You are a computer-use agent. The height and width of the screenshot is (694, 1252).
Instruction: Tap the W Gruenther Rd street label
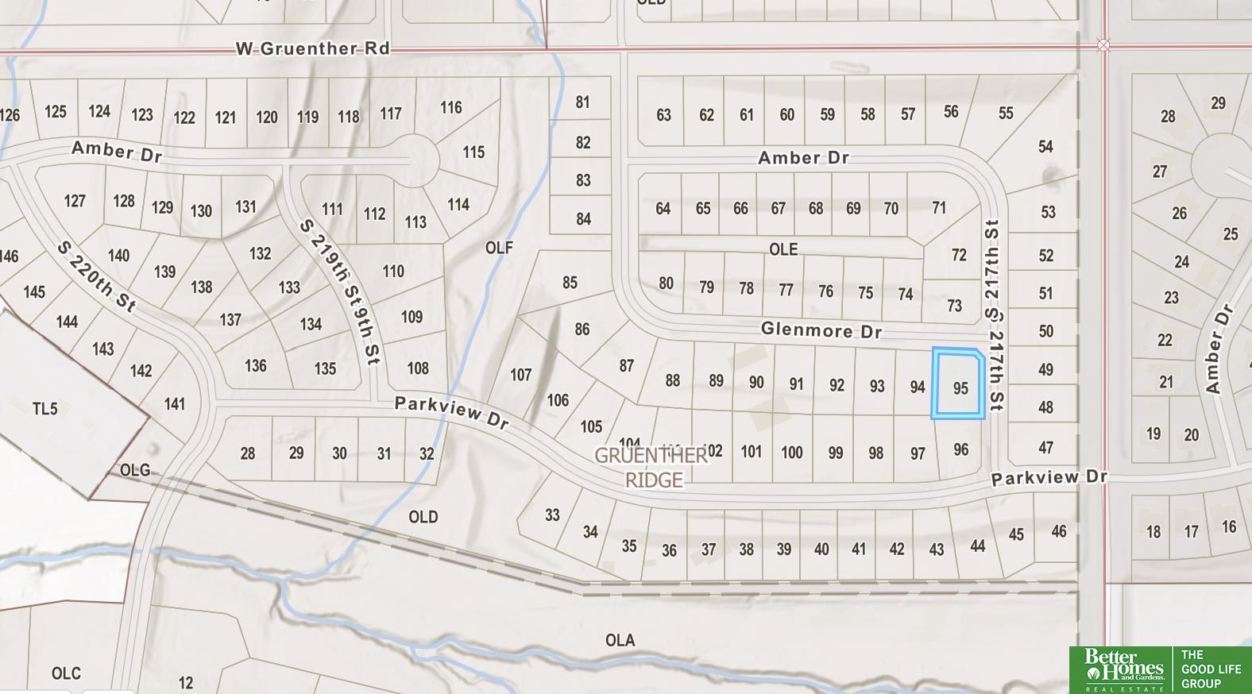click(313, 48)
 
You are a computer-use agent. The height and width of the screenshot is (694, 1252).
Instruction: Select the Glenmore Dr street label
click(821, 330)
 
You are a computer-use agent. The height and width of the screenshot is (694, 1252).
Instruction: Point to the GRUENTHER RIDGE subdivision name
click(651, 468)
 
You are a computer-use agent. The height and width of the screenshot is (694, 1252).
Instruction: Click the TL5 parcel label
click(44, 409)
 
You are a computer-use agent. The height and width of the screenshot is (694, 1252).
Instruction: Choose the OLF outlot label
click(499, 248)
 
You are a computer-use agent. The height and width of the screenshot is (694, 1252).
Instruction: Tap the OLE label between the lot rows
click(782, 249)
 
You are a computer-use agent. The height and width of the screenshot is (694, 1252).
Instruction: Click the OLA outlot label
click(620, 640)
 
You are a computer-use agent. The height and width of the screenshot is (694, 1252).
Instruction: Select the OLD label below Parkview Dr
click(423, 517)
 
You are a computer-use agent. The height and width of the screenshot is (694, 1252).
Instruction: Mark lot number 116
click(450, 107)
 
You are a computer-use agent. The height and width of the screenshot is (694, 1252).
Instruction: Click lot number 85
click(569, 283)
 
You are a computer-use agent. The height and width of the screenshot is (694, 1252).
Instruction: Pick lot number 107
click(520, 374)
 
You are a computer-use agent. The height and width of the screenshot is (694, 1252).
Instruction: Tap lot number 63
click(663, 115)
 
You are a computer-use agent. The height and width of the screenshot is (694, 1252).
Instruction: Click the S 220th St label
click(96, 276)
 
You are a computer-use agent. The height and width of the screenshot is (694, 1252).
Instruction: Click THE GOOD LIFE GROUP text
click(1210, 669)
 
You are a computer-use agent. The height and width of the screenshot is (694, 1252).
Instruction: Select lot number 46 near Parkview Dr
click(1058, 531)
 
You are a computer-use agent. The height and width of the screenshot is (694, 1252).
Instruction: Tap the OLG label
click(134, 470)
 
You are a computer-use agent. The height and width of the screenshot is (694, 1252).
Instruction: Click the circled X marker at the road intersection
click(1103, 45)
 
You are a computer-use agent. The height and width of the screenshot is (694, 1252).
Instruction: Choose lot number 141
click(175, 404)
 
